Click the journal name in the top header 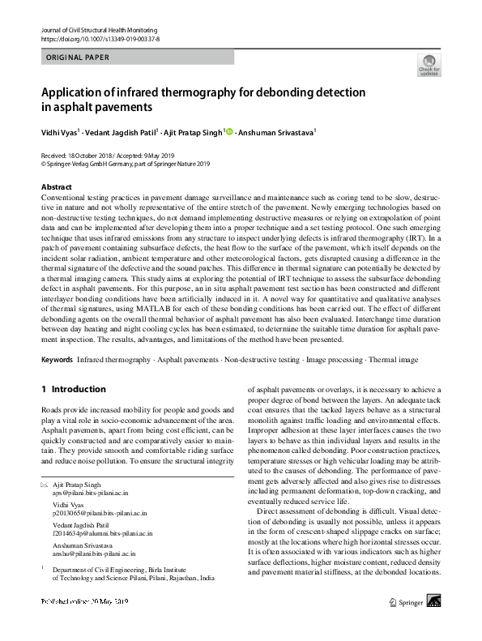(x=98, y=29)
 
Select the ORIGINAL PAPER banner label (x=76, y=58)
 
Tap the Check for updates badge (x=428, y=66)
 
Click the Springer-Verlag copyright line (x=125, y=162)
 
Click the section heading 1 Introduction (x=74, y=389)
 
